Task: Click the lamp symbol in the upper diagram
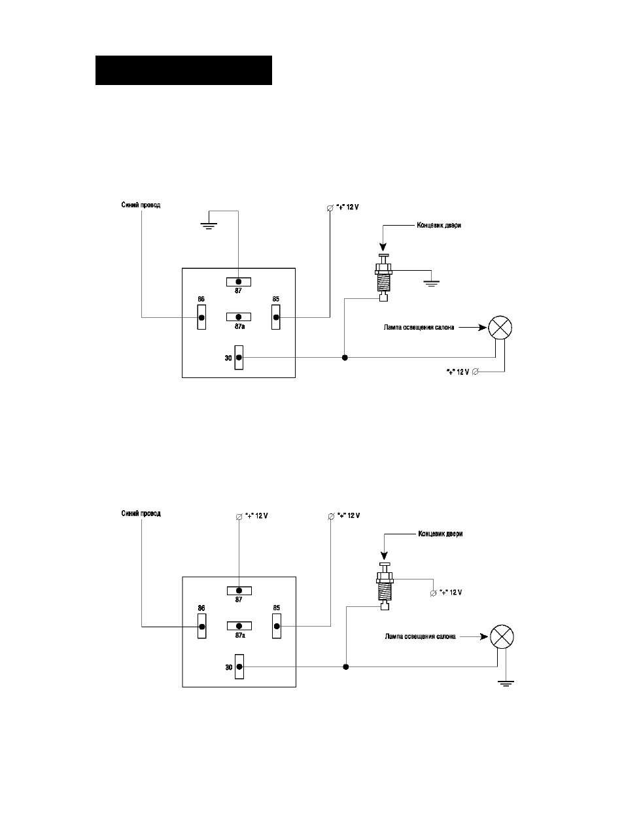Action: coord(500,328)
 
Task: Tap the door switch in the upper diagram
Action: coord(383,277)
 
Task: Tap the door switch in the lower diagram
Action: coord(385,587)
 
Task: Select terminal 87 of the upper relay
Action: coord(239,282)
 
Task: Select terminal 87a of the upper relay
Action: coord(239,317)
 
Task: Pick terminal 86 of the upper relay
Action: coord(201,317)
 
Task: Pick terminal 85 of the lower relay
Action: coord(277,626)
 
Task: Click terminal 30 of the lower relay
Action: coord(239,666)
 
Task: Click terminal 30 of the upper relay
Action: coord(239,358)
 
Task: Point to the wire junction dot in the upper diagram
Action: coord(345,358)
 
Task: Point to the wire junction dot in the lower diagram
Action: coord(345,666)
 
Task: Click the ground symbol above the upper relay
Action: coord(209,226)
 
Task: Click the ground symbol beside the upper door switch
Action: coord(431,283)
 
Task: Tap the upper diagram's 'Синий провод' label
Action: coord(141,205)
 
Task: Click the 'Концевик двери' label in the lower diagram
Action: coord(440,534)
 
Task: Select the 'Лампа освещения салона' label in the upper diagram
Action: coord(419,328)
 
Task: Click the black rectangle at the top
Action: coord(184,71)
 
